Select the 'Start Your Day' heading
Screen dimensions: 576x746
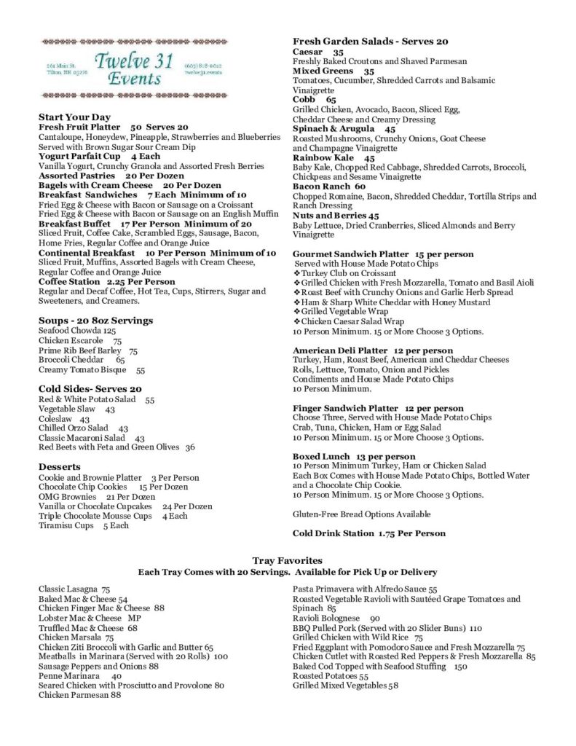74,117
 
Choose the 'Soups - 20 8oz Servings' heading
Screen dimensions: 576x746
95,321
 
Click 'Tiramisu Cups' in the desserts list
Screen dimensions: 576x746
66,525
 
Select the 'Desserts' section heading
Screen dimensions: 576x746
60,467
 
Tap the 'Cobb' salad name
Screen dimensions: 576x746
304,100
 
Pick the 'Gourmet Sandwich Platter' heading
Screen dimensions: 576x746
351,254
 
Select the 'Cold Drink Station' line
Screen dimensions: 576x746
368,533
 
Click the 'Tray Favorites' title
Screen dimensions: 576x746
287,560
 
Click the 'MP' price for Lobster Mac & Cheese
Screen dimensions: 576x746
134,618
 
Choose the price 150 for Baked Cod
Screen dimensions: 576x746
460,667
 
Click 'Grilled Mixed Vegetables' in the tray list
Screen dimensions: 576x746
340,686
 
